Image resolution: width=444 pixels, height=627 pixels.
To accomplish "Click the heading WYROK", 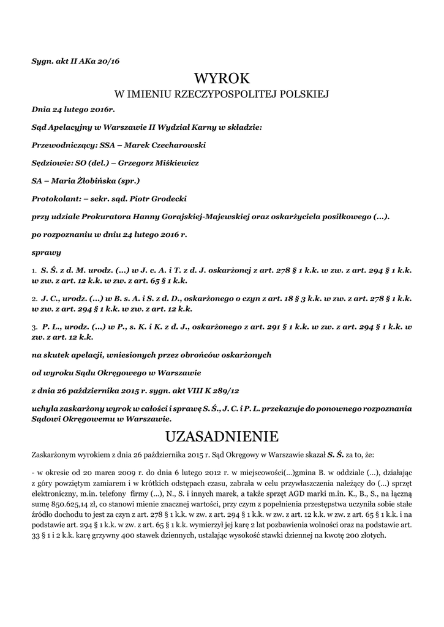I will click(x=222, y=79).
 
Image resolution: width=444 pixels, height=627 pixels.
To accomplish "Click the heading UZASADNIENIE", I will click(x=222, y=437).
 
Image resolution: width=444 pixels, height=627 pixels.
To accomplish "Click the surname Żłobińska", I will click(x=97, y=181).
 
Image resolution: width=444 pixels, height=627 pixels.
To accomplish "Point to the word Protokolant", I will click(x=53, y=199).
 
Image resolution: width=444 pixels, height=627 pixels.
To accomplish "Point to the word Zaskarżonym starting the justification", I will click(x=56, y=455).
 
